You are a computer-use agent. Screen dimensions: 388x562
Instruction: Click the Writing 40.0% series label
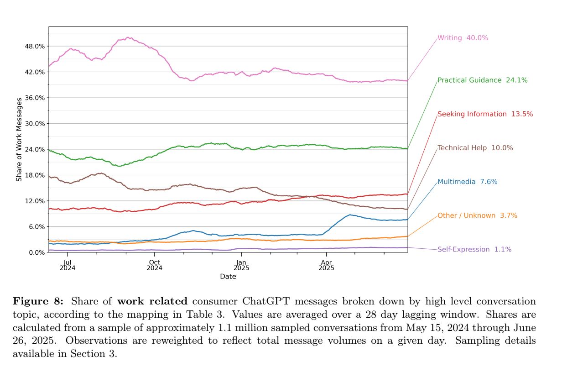tap(463, 38)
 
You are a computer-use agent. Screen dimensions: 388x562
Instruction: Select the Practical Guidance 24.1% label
tap(482, 80)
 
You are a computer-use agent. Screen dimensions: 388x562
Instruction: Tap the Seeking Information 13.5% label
tap(485, 114)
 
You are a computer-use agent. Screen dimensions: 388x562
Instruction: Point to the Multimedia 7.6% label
tap(467, 182)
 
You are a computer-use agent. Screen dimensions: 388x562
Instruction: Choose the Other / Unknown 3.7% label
tap(477, 215)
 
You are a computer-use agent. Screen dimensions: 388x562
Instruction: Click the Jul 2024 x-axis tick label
tap(67, 265)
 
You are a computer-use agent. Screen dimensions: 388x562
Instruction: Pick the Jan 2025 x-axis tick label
tap(241, 265)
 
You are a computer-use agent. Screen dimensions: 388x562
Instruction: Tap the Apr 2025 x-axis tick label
tap(326, 265)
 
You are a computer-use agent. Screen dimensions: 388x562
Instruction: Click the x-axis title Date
tap(228, 277)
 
